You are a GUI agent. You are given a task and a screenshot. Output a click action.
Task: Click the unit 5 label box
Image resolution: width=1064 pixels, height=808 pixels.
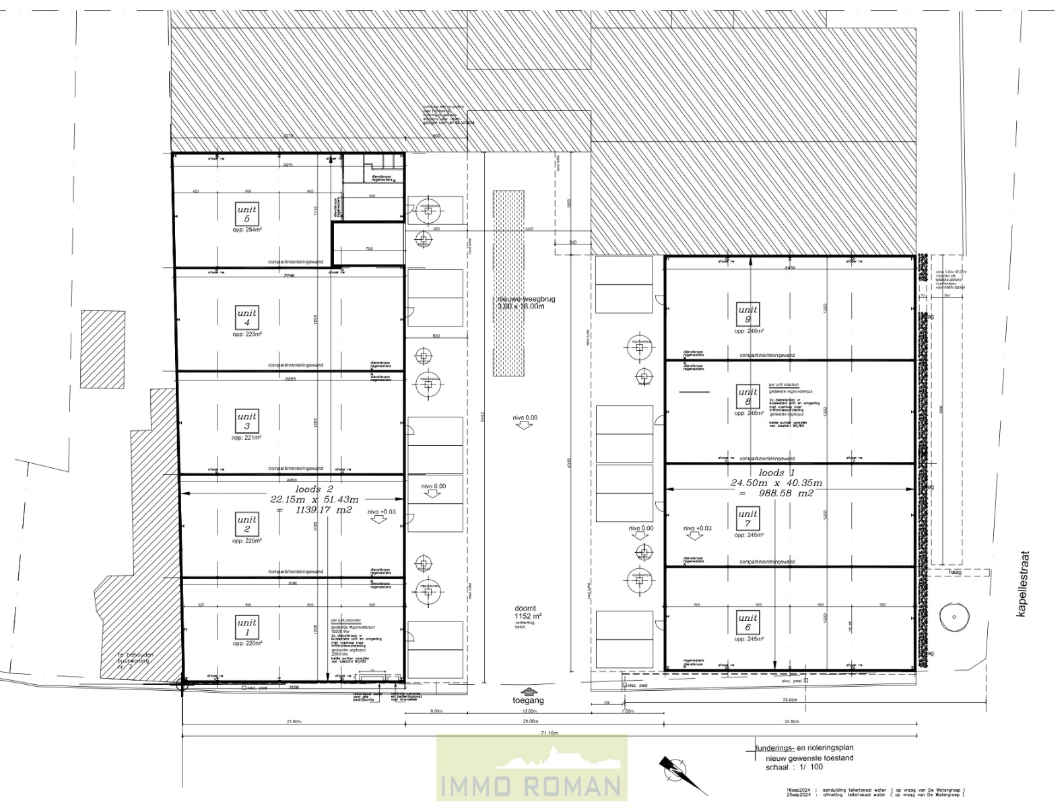coord(247,214)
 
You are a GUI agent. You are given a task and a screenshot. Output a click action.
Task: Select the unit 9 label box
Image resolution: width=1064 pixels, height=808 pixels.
coord(747,314)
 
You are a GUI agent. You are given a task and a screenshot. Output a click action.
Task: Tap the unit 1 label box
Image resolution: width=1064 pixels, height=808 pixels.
coord(247,627)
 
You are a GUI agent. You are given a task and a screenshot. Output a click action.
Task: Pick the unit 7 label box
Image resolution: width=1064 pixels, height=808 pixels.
coord(747,518)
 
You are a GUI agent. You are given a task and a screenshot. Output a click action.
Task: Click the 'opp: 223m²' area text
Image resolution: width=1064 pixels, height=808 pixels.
coord(247,334)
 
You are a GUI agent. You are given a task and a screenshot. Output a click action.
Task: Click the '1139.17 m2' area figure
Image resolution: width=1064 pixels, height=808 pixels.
coord(323,510)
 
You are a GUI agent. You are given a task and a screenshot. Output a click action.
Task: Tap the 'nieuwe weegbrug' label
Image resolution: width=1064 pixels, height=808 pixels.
coord(526,299)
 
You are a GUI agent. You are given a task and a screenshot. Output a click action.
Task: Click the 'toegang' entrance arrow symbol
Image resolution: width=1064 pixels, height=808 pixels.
coord(529,691)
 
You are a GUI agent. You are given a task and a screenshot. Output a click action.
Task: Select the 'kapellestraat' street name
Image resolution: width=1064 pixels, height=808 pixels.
coord(1024,584)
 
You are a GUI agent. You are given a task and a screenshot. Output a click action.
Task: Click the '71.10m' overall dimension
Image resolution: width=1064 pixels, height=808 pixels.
coord(549,733)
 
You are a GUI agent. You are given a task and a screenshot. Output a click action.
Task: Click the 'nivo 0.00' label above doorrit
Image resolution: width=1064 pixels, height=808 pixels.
coord(525,417)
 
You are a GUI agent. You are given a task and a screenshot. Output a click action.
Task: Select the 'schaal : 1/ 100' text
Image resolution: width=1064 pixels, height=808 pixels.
coord(794,767)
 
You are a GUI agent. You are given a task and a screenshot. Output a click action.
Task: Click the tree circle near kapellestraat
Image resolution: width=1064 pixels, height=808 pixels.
coord(954,617)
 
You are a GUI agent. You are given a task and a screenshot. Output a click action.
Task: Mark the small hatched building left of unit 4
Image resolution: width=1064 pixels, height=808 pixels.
coord(102,349)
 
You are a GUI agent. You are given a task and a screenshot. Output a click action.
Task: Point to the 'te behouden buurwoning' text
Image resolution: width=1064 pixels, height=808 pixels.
coord(135,658)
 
